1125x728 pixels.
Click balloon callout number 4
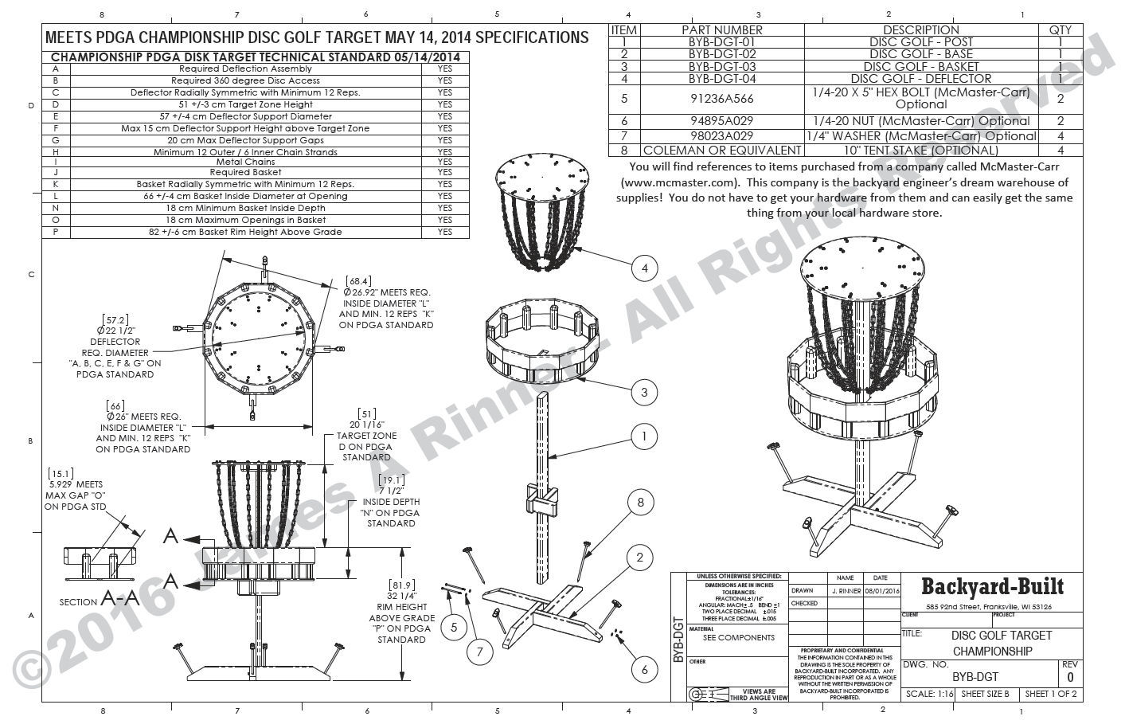point(645,269)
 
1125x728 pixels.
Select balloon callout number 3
point(644,392)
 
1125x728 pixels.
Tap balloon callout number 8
point(640,502)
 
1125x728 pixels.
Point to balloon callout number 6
point(644,670)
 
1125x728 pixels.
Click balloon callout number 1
point(644,436)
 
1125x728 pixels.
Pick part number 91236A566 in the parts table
point(724,99)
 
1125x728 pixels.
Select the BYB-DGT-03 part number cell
point(724,66)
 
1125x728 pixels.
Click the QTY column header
point(1060,29)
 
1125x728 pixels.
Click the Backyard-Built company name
point(992,587)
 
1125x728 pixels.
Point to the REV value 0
point(1069,678)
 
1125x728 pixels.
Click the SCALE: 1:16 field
point(928,694)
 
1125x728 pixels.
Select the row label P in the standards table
point(56,232)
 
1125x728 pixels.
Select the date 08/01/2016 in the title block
point(880,591)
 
